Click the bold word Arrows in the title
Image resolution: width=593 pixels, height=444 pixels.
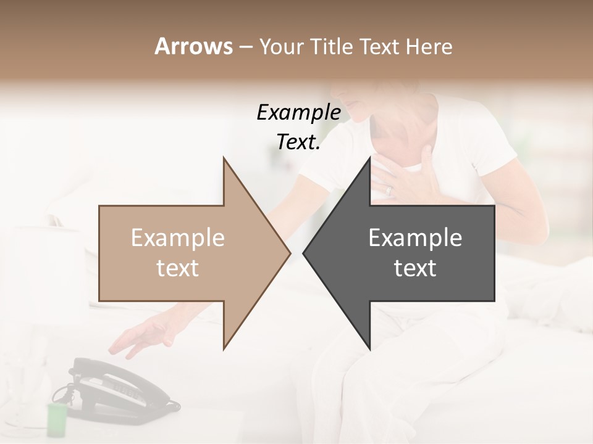[x=193, y=46]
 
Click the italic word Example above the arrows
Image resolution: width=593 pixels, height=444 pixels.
[x=298, y=113]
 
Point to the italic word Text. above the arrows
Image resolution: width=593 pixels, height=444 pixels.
[x=298, y=142]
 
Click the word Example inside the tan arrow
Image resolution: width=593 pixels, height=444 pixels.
[x=177, y=238]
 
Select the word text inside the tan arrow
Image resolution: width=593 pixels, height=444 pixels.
[x=177, y=268]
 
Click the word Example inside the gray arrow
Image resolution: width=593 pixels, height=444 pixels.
[x=415, y=238]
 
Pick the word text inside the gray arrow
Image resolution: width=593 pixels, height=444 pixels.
[x=415, y=268]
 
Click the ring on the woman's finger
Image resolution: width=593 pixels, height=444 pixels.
[x=389, y=191]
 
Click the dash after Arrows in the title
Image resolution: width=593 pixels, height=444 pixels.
[x=245, y=47]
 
